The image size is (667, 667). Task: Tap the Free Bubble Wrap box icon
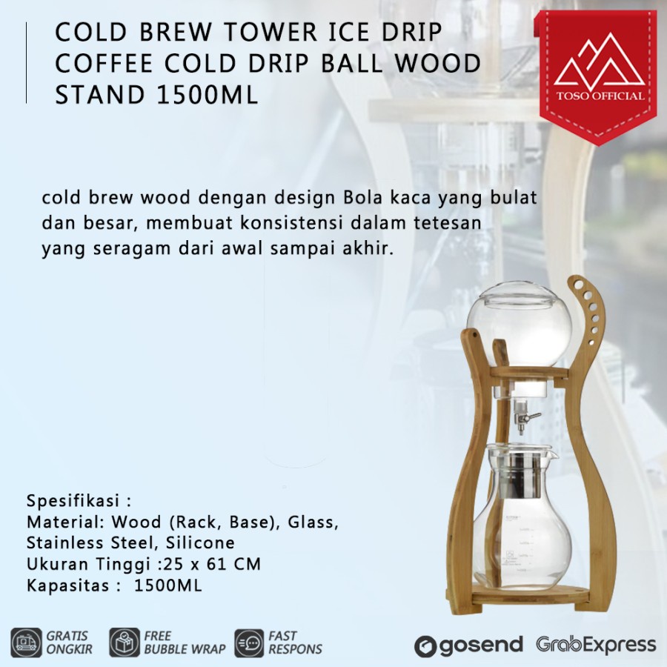pos(125,642)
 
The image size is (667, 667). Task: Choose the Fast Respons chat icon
pos(249,642)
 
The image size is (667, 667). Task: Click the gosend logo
pos(468,645)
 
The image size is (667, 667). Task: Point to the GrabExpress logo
pos(597,644)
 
